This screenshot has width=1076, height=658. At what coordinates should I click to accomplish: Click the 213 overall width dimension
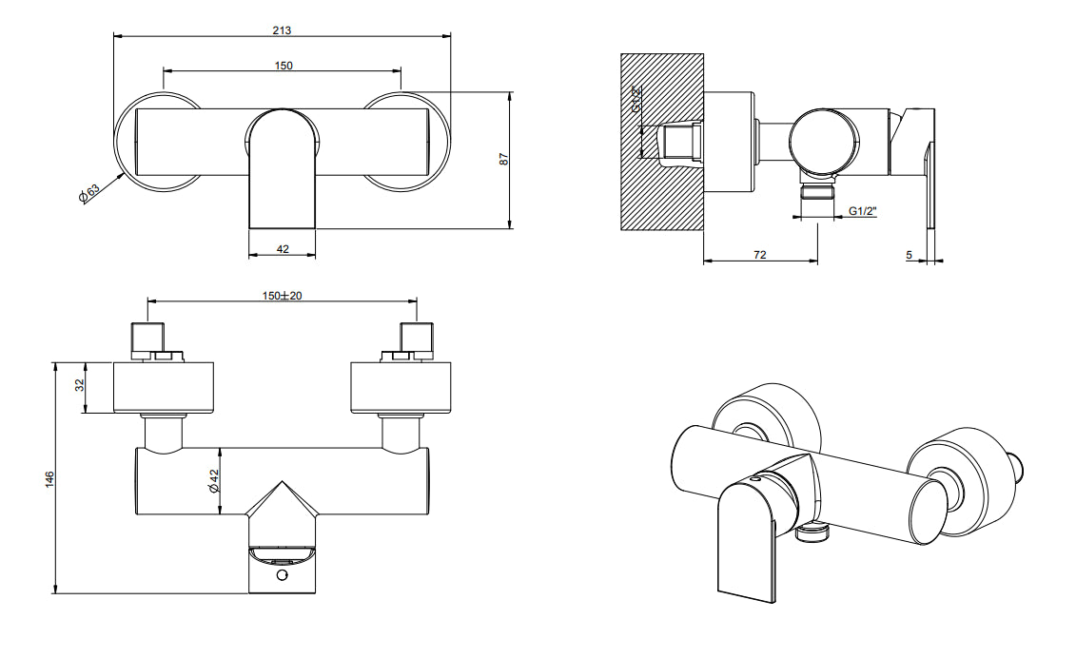pos(282,29)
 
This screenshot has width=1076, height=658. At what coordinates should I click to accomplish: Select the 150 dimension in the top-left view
pos(284,65)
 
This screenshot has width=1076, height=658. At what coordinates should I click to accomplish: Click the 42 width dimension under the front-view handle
pos(283,248)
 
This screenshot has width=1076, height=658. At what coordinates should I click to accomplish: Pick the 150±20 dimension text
pos(283,296)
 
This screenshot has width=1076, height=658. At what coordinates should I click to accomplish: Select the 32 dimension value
pos(81,385)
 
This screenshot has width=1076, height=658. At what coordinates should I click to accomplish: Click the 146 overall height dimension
pos(50,476)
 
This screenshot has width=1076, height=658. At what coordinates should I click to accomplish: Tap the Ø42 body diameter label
pos(214,481)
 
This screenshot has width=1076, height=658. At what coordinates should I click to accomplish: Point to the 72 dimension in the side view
pos(760,255)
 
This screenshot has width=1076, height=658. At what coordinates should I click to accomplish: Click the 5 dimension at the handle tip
pos(910,255)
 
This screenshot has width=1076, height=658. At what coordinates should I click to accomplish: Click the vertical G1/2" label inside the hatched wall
pos(636,99)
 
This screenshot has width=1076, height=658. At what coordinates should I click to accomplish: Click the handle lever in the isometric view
pos(748,542)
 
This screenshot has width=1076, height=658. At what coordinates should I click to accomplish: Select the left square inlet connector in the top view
pos(147,337)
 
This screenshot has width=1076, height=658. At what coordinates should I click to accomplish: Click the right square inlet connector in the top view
pos(417,337)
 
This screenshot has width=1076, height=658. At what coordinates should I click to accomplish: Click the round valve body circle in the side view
pos(824,143)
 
